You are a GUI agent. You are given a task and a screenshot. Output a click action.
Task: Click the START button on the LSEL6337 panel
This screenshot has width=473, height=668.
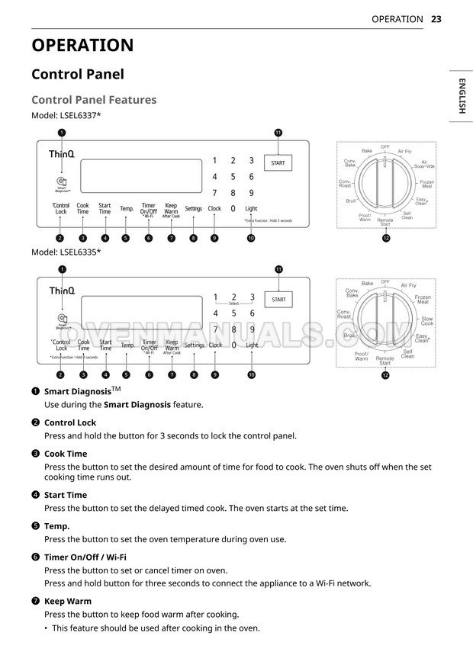click(x=278, y=164)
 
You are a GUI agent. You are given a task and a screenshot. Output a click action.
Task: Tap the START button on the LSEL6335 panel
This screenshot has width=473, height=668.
click(x=278, y=300)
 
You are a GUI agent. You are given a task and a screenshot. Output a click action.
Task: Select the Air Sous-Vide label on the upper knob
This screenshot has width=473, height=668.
click(x=427, y=165)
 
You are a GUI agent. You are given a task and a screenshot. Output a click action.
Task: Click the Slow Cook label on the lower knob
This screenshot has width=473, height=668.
click(x=426, y=321)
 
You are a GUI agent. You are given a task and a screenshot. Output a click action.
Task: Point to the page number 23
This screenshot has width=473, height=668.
click(x=436, y=19)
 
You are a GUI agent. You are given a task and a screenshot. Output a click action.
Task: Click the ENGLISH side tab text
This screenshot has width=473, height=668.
click(x=462, y=95)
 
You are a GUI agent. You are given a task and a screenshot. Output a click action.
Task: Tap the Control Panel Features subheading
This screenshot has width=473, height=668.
click(x=94, y=100)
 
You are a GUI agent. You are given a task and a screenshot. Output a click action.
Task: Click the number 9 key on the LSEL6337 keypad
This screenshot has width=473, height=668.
click(x=251, y=193)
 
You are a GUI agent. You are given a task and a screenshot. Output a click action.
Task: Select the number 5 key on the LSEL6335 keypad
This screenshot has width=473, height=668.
click(x=233, y=313)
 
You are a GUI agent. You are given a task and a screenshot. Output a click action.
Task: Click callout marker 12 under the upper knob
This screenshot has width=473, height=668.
click(x=386, y=238)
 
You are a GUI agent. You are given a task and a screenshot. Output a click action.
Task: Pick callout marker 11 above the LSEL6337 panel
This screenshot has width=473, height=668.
click(x=278, y=133)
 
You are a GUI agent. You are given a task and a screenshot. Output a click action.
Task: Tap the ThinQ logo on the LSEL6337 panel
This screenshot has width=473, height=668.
click(x=62, y=155)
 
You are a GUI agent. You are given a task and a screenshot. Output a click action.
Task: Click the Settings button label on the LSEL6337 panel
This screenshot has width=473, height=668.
click(x=193, y=208)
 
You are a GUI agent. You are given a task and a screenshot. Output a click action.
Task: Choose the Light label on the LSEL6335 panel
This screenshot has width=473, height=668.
click(x=252, y=345)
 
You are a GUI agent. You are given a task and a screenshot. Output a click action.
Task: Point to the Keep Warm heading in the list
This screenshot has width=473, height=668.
click(x=68, y=601)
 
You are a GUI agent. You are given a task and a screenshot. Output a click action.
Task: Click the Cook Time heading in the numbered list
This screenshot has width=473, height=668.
click(x=66, y=454)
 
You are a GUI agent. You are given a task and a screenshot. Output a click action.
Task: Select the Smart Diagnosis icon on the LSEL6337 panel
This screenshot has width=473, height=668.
click(x=61, y=181)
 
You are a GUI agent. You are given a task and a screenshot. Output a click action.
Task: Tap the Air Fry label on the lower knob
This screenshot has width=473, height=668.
click(x=408, y=285)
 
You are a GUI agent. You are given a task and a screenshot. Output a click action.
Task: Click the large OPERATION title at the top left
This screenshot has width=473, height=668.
click(x=82, y=45)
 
